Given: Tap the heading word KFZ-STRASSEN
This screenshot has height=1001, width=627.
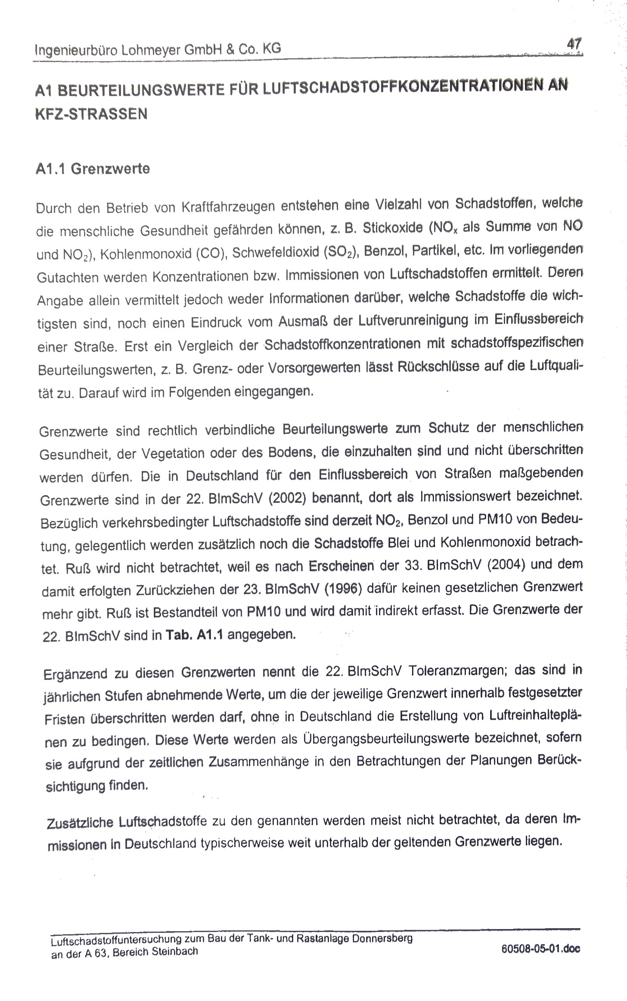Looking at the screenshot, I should click(x=91, y=114).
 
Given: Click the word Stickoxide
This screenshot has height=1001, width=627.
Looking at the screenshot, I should click(x=393, y=228).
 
